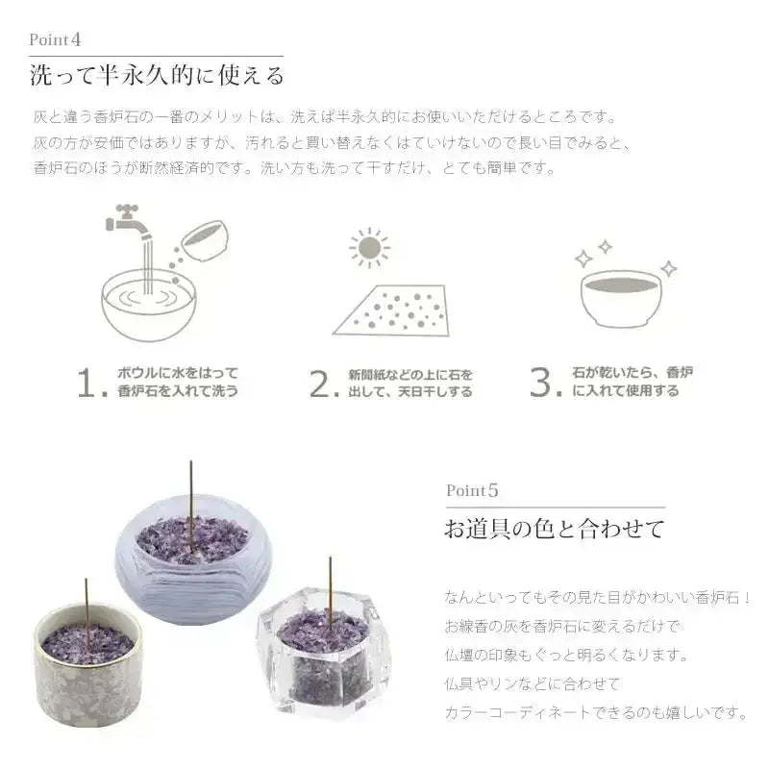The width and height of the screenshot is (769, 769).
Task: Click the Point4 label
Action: pos(55,40)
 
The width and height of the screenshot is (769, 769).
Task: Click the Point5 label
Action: pos(472,490)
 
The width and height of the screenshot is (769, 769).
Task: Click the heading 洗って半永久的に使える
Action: pos(157,75)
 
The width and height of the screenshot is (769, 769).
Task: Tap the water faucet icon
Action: pos(130,218)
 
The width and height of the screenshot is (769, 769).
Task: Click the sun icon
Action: pos(369,247)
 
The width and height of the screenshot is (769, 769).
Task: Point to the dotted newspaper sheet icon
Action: pos(394,310)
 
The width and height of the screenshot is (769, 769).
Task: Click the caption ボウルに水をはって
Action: pos(177,373)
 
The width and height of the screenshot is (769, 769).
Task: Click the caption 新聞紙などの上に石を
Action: pos(411,373)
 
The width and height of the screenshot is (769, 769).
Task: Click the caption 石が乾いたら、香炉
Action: pos(633,372)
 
